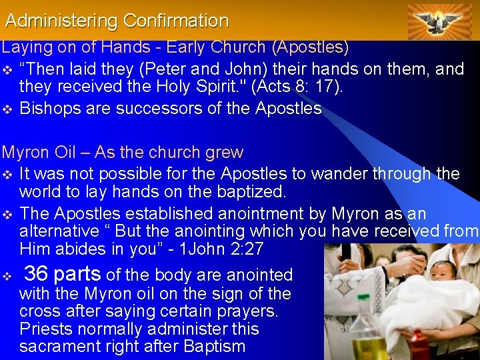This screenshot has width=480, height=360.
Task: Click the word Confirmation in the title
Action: click(x=175, y=21)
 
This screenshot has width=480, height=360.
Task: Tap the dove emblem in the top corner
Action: click(x=439, y=21)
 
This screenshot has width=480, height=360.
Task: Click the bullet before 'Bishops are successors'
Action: click(x=7, y=109)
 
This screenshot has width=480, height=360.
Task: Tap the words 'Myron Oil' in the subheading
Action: click(x=39, y=153)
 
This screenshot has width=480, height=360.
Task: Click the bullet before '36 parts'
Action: click(x=7, y=275)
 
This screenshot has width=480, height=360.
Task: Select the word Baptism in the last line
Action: click(x=213, y=347)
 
